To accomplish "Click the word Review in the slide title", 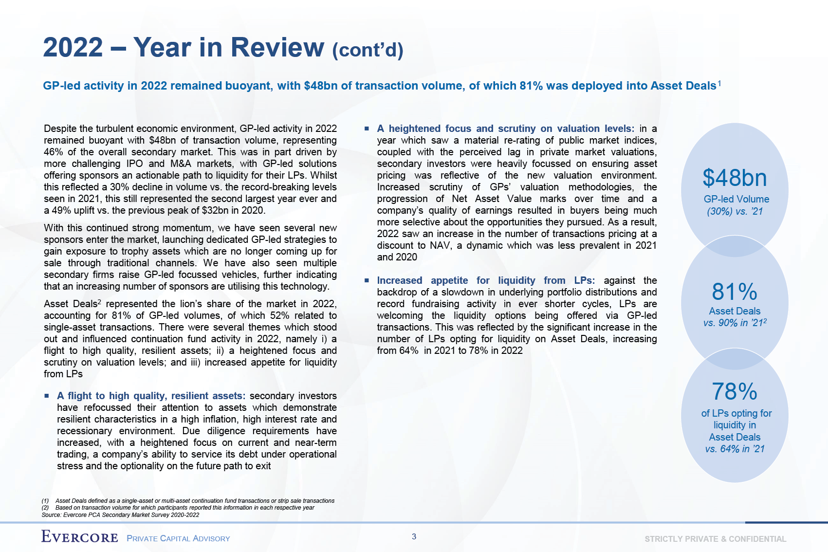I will (277, 47).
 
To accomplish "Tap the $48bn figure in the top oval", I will (735, 178).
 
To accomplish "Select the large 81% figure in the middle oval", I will (735, 292).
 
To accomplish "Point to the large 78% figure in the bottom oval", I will (735, 391).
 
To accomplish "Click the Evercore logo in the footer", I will (80, 537).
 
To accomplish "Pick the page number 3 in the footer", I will (414, 537).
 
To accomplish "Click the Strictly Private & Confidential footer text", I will (715, 539).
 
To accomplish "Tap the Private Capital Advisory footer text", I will (178, 538).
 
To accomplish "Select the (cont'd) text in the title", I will (368, 50).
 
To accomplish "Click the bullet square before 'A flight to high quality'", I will (47, 396).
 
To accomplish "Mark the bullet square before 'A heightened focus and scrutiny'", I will (367, 129).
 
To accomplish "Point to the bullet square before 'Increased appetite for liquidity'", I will (367, 281).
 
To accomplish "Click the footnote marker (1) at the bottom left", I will (45, 501).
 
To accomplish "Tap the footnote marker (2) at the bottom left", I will (45, 508).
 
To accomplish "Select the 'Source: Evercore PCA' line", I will (120, 515).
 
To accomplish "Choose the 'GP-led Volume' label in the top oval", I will (736, 199).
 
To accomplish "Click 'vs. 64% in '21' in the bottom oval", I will (735, 449).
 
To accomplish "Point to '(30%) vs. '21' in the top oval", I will (735, 211).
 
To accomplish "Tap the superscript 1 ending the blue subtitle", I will (719, 83).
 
